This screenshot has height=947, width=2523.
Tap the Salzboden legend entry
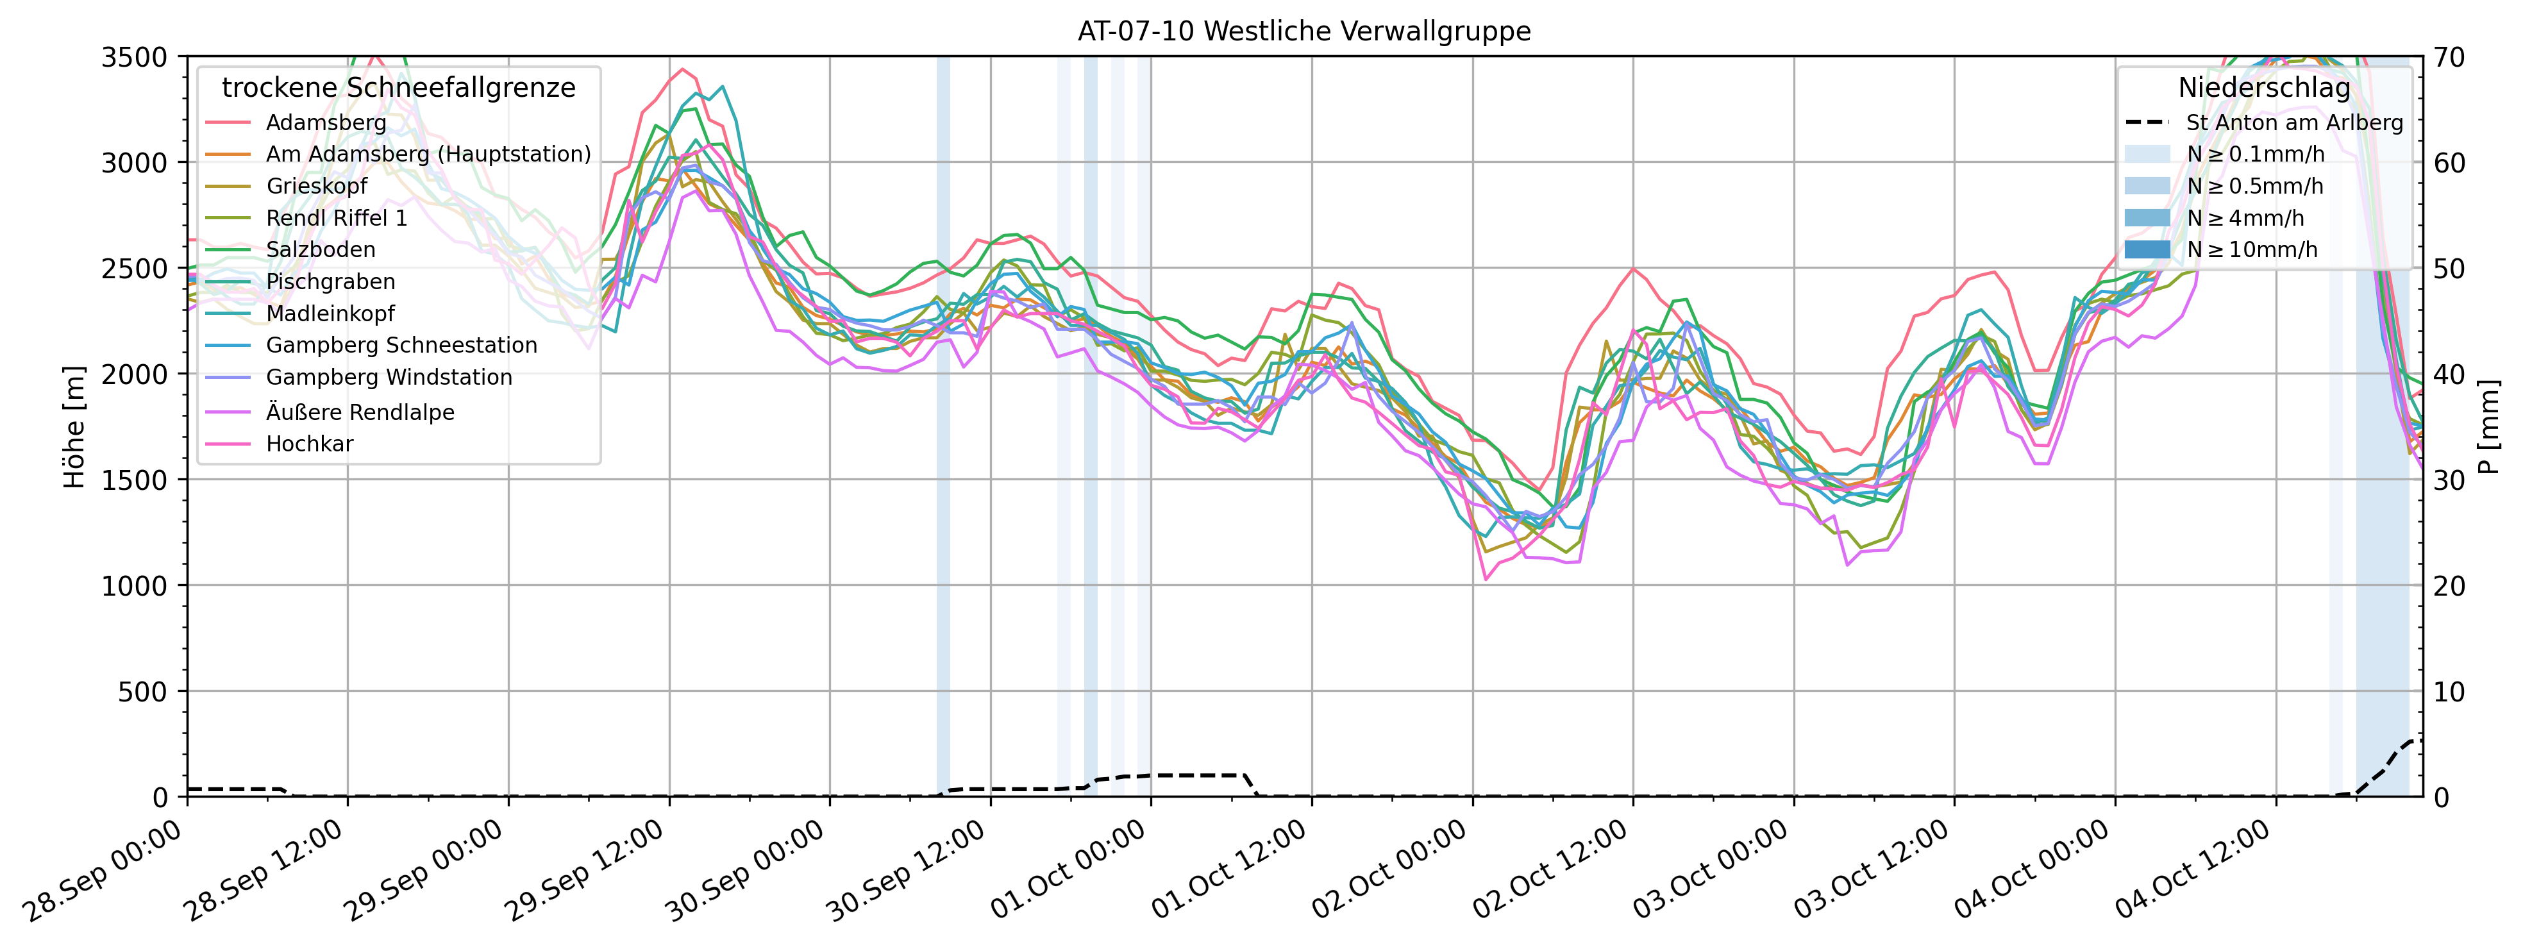click(x=321, y=249)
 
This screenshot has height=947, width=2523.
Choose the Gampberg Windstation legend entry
click(x=389, y=377)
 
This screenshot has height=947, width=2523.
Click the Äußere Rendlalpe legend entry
click(x=360, y=412)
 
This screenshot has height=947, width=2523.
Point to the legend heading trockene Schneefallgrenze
click(x=399, y=88)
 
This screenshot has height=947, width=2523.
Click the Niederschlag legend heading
click(x=2263, y=88)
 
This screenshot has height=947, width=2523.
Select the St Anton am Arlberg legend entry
click(x=2294, y=122)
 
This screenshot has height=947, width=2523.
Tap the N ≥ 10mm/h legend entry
click(x=2252, y=249)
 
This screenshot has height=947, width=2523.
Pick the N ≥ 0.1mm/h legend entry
click(x=2254, y=154)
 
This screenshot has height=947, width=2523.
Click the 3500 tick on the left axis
click(x=134, y=57)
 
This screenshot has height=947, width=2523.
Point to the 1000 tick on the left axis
click(x=134, y=585)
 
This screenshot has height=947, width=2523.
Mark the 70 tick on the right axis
click(x=2449, y=57)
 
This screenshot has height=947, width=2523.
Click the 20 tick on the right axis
click(x=2449, y=585)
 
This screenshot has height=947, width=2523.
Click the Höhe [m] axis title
click(x=74, y=427)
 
